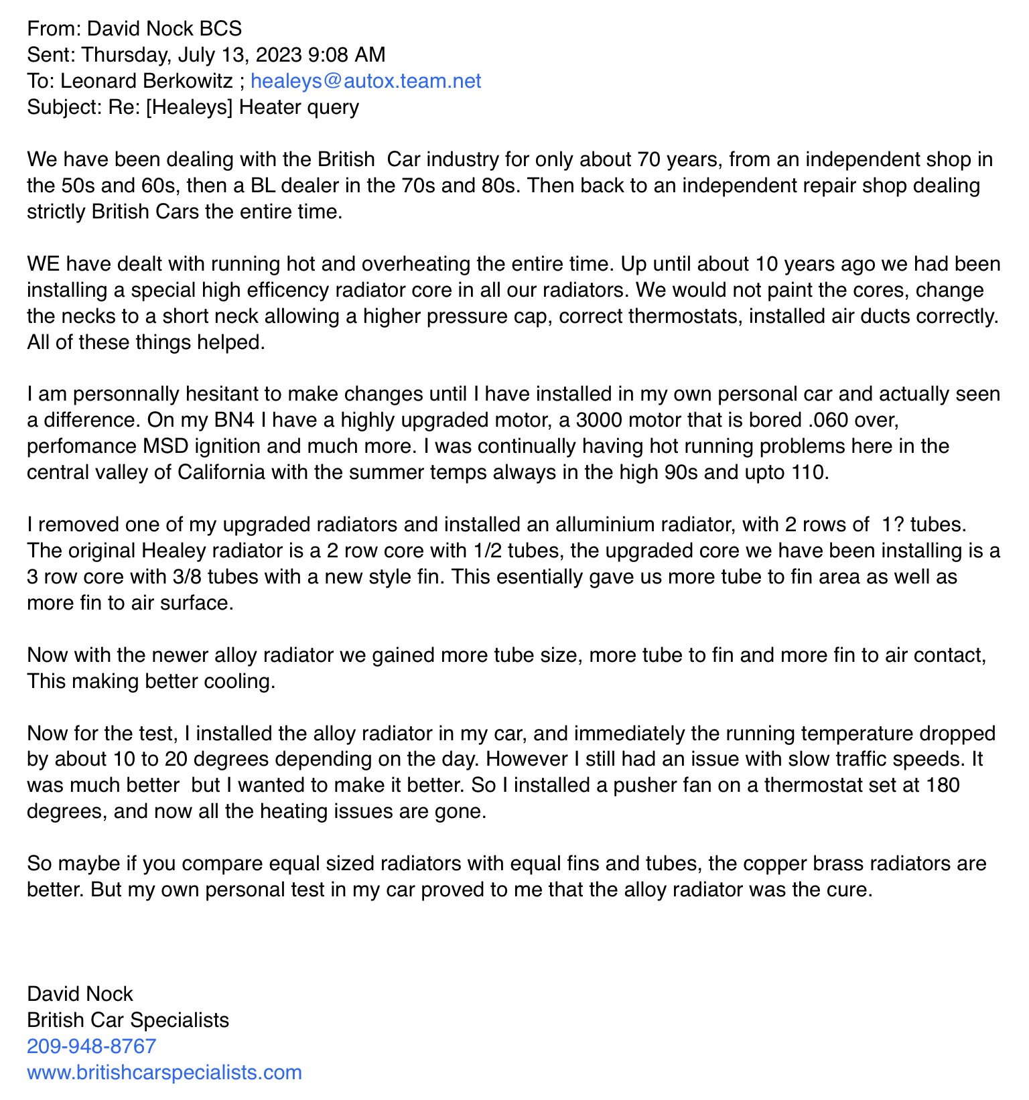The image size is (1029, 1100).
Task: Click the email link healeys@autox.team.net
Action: (x=365, y=81)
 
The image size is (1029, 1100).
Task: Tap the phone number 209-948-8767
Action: (x=91, y=1046)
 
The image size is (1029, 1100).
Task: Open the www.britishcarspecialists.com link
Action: (x=164, y=1072)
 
